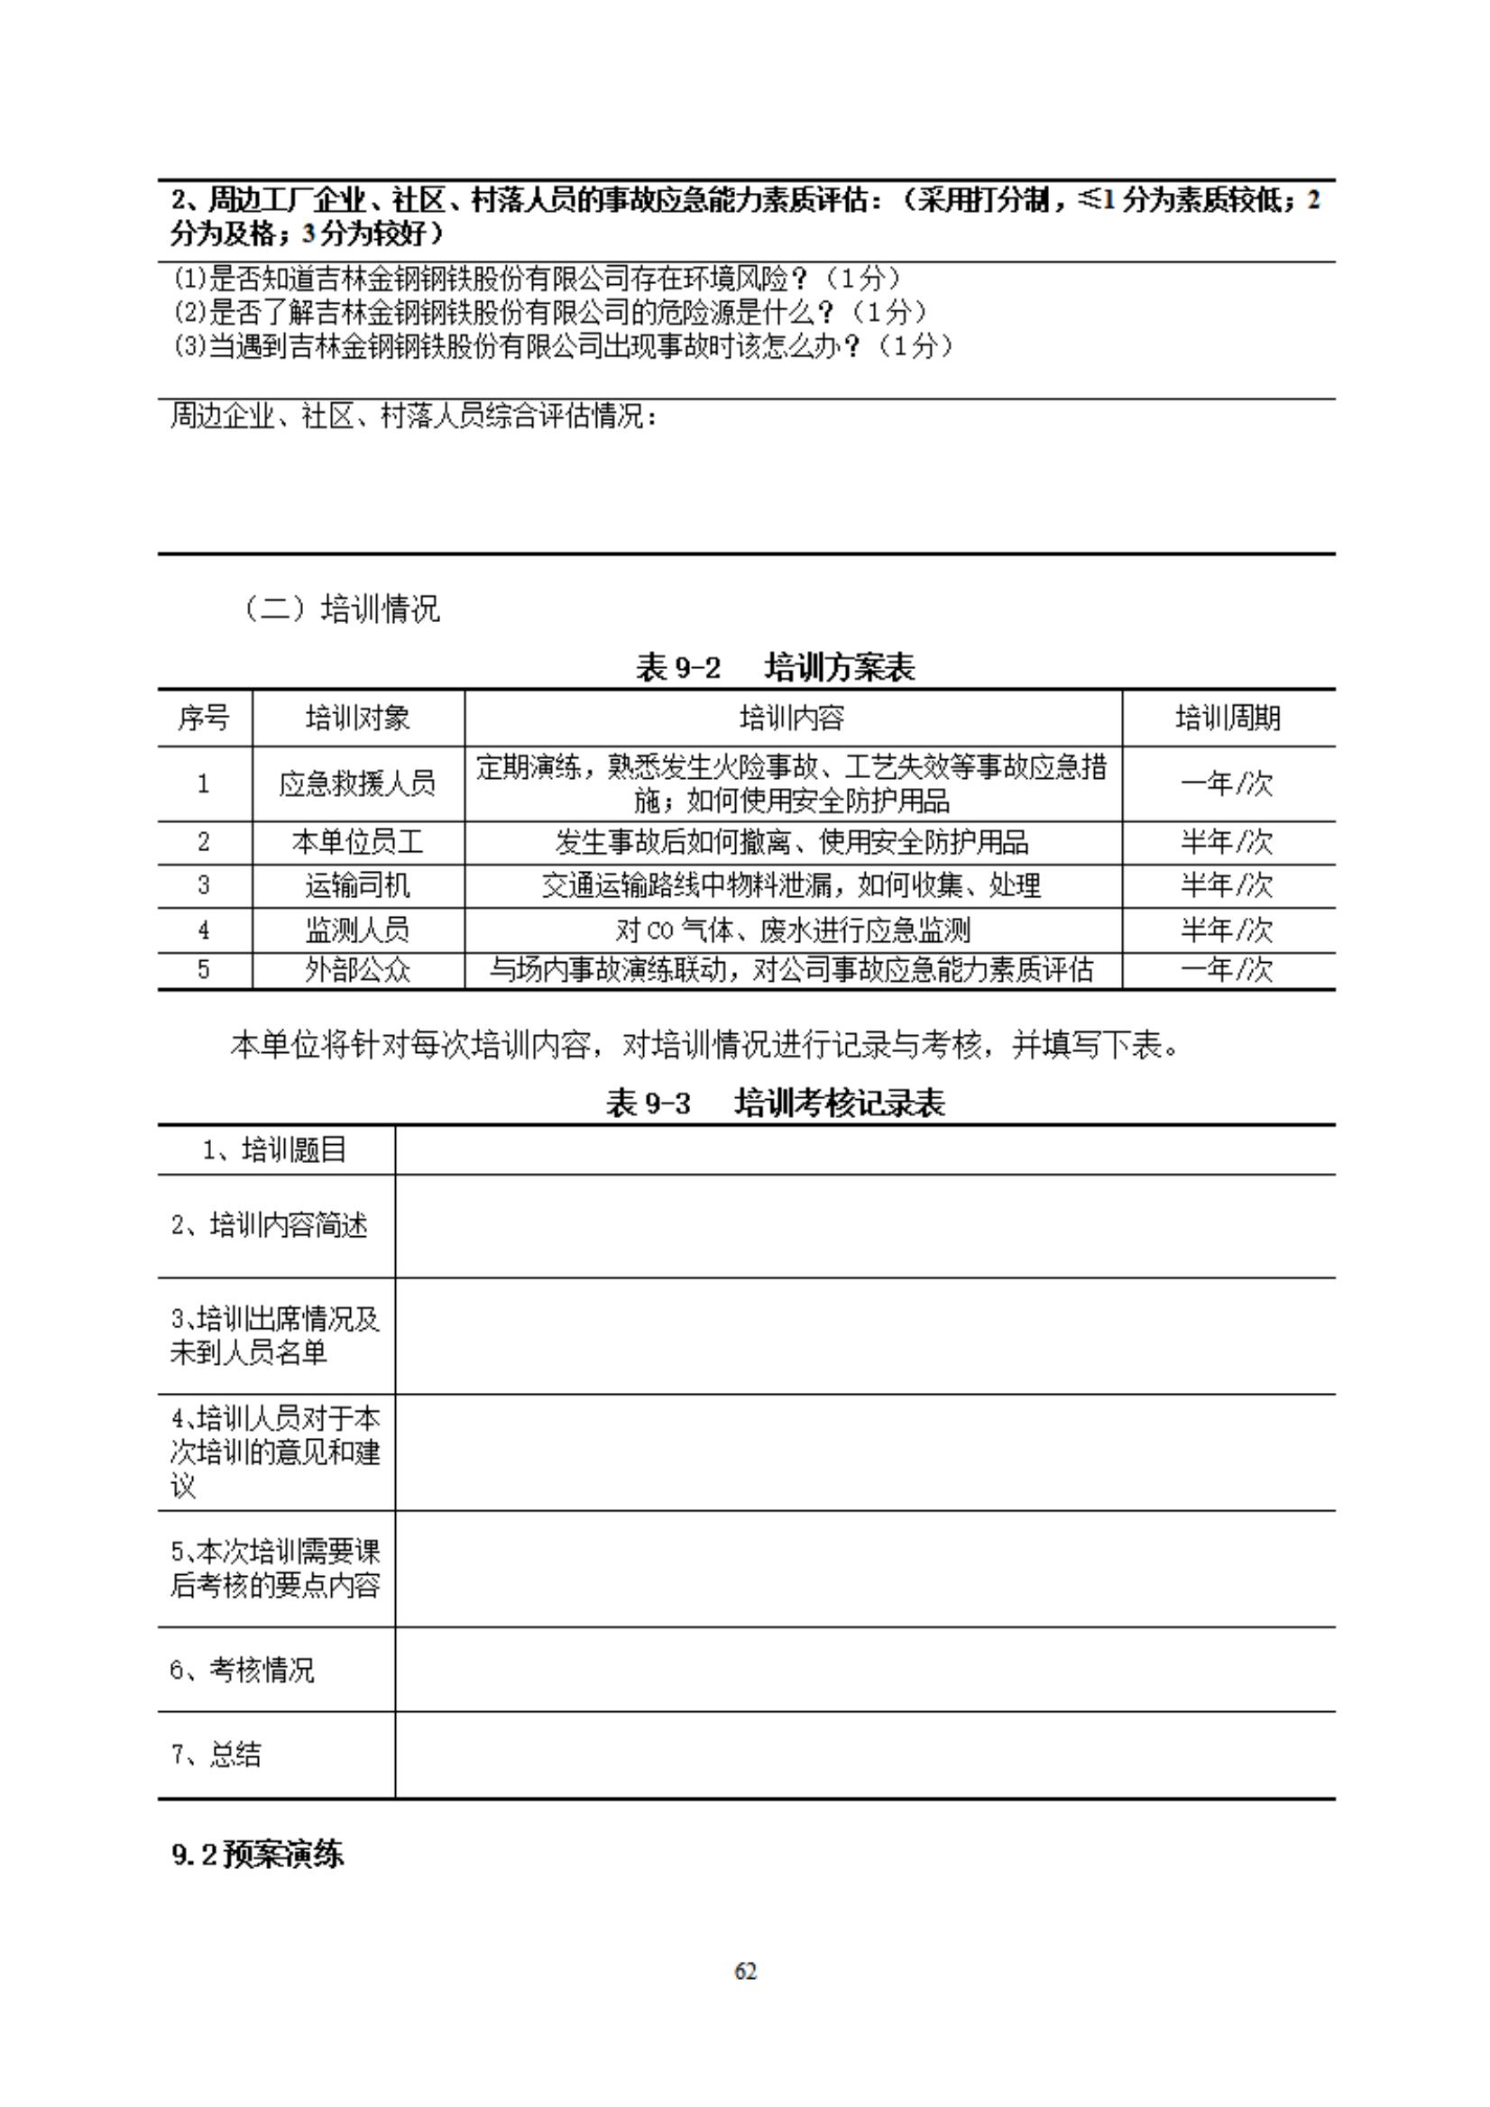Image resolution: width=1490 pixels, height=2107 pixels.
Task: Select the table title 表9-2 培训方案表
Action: tap(775, 667)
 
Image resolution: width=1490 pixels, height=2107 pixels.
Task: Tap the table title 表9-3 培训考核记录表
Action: tap(775, 1102)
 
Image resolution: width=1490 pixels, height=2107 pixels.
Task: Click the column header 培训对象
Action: tap(358, 718)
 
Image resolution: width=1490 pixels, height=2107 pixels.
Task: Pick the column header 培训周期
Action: tap(1228, 718)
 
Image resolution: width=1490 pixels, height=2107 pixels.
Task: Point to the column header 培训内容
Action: tap(792, 718)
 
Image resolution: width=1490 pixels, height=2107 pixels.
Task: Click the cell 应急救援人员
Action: tap(358, 783)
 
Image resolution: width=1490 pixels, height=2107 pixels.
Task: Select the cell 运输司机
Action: tap(358, 885)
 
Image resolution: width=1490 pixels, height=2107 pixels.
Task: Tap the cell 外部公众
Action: tap(358, 970)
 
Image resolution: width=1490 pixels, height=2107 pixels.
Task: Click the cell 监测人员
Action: tap(358, 930)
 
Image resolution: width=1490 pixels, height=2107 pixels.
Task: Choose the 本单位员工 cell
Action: tap(358, 841)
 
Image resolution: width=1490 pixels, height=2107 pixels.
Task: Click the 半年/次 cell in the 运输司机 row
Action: tap(1228, 885)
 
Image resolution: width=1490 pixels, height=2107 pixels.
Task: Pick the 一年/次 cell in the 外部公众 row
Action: tap(1228, 970)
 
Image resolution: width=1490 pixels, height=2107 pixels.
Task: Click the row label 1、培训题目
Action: tap(274, 1150)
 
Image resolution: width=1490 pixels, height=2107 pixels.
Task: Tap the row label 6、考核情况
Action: tap(243, 1669)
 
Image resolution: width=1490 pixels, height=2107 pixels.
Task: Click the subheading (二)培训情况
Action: tap(341, 609)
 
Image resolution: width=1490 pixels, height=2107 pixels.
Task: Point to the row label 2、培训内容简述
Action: tap(270, 1225)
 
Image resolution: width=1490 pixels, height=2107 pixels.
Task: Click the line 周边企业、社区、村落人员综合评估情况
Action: tap(414, 417)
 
